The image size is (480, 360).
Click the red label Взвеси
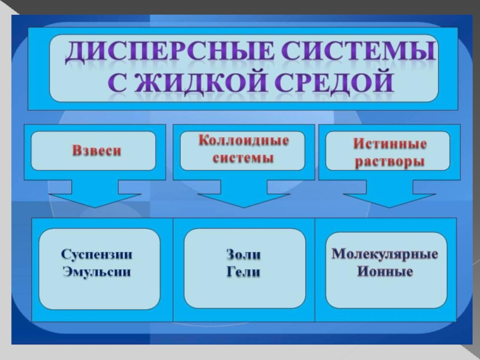tap(97, 151)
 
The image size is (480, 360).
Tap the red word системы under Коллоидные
tap(244, 158)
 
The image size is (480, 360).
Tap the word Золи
tap(244, 254)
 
